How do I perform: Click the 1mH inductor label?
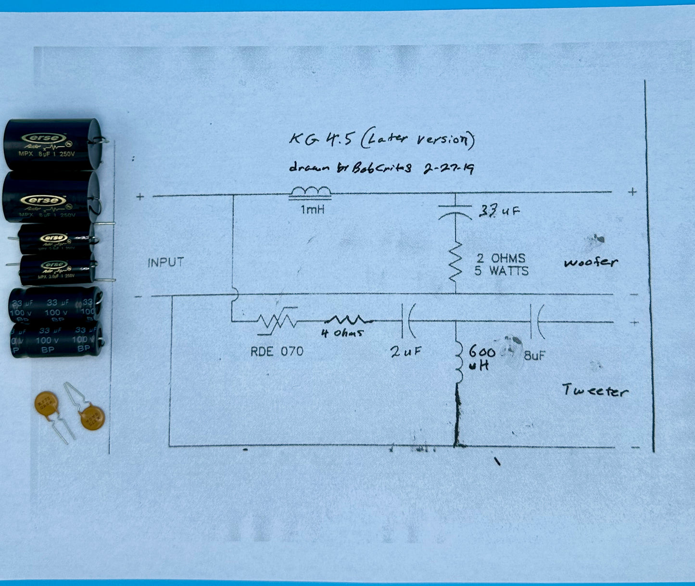pos(312,210)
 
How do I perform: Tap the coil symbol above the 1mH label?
pos(310,192)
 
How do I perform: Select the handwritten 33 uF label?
pos(499,211)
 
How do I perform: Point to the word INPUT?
pos(165,262)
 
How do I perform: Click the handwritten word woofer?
pos(590,262)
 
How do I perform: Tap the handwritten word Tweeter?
pos(595,390)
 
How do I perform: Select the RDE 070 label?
pos(277,351)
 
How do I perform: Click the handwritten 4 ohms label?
pos(342,333)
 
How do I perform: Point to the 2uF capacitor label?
pos(405,352)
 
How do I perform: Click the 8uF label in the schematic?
pos(534,356)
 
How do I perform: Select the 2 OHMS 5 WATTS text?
pos(501,265)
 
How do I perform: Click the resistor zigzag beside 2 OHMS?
pos(455,265)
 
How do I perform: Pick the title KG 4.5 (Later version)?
pos(381,139)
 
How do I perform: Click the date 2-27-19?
pos(448,168)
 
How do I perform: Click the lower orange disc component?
pos(92,416)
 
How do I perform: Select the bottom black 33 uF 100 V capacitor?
pos(57,340)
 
